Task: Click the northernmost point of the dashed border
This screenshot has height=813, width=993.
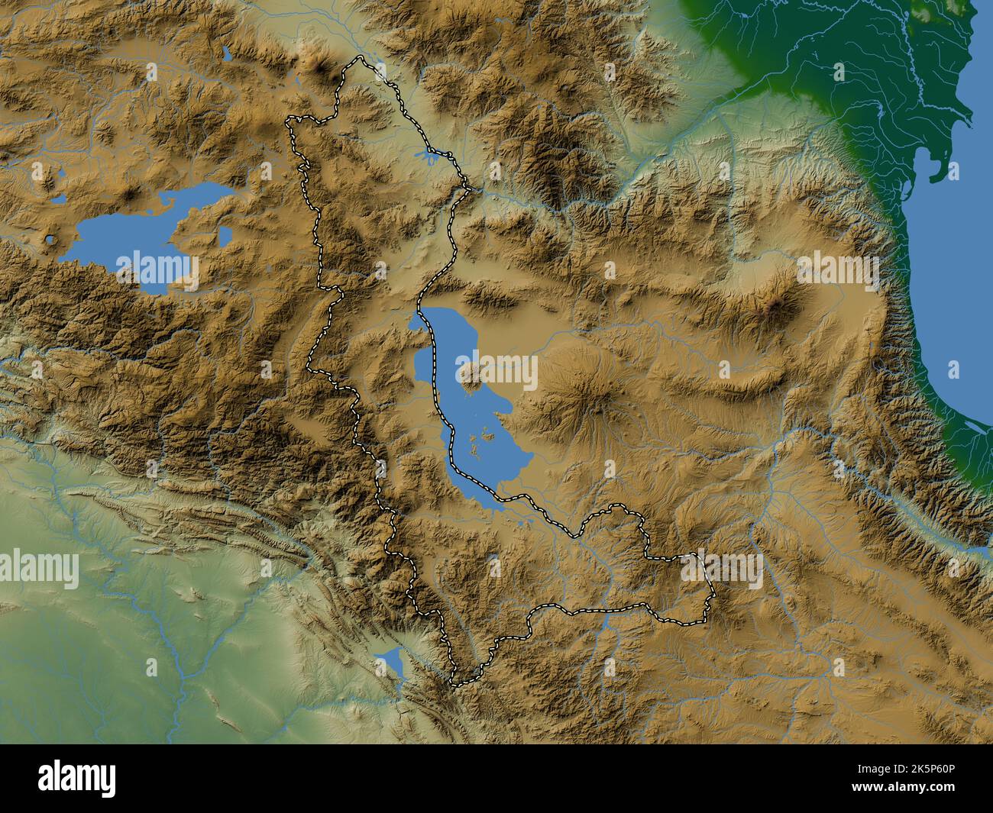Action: click(357, 59)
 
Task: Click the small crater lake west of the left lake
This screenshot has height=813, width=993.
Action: click(50, 240)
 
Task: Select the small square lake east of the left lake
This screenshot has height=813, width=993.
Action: click(225, 236)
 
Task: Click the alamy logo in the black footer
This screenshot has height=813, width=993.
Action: click(78, 778)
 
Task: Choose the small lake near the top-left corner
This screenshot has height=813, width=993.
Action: click(227, 53)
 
